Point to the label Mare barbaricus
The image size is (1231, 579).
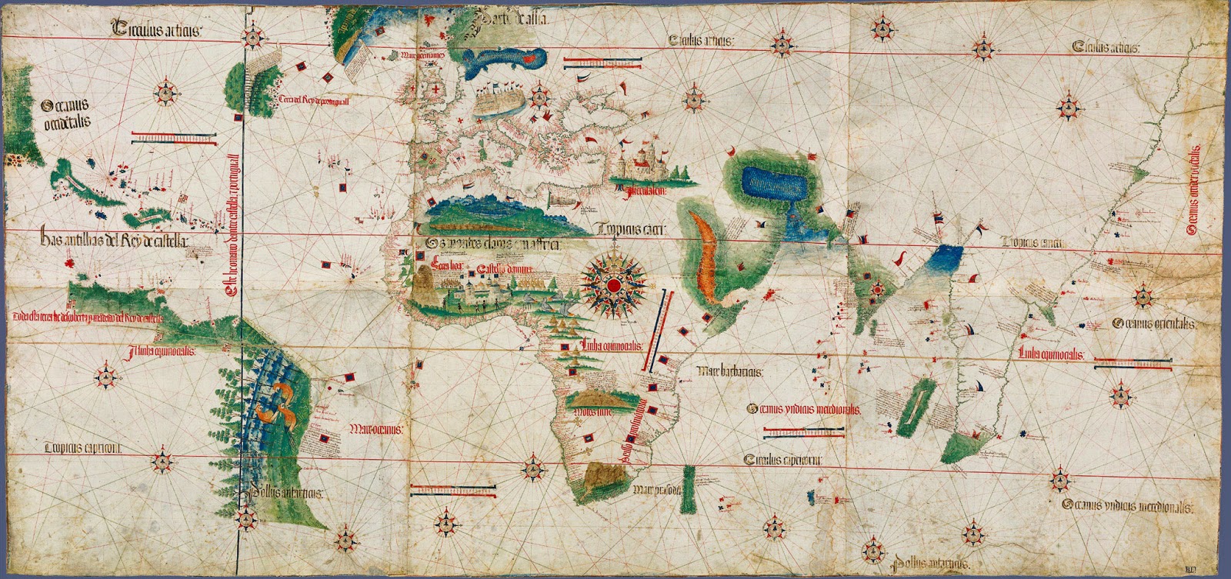730,371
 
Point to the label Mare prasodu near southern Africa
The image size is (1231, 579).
656,489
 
